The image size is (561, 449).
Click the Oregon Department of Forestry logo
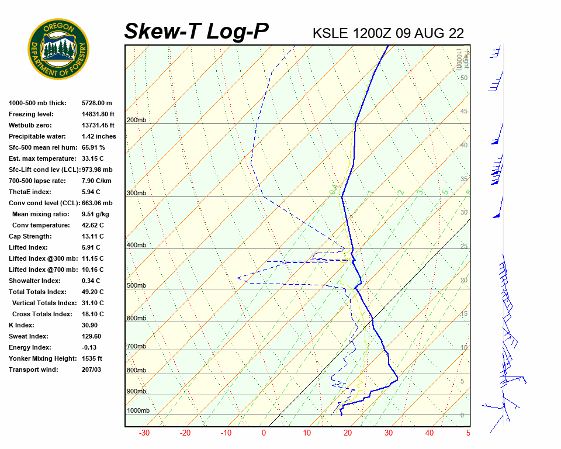(58, 49)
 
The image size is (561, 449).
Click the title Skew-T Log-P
(196, 32)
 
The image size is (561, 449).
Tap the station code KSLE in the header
(330, 33)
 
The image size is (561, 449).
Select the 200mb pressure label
(136, 120)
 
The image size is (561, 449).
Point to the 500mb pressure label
(136, 286)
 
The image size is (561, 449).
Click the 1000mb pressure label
(138, 410)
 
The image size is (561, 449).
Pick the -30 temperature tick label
(144, 433)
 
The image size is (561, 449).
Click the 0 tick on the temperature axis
(264, 433)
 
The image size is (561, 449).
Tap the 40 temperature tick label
(430, 433)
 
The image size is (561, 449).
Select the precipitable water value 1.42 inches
(99, 136)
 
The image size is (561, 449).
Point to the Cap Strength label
(30, 236)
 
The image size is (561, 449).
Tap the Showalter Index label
(34, 281)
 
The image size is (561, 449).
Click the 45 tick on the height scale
(464, 112)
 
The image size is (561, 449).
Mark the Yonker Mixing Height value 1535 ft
(92, 358)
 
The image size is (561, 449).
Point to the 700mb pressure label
(136, 347)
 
